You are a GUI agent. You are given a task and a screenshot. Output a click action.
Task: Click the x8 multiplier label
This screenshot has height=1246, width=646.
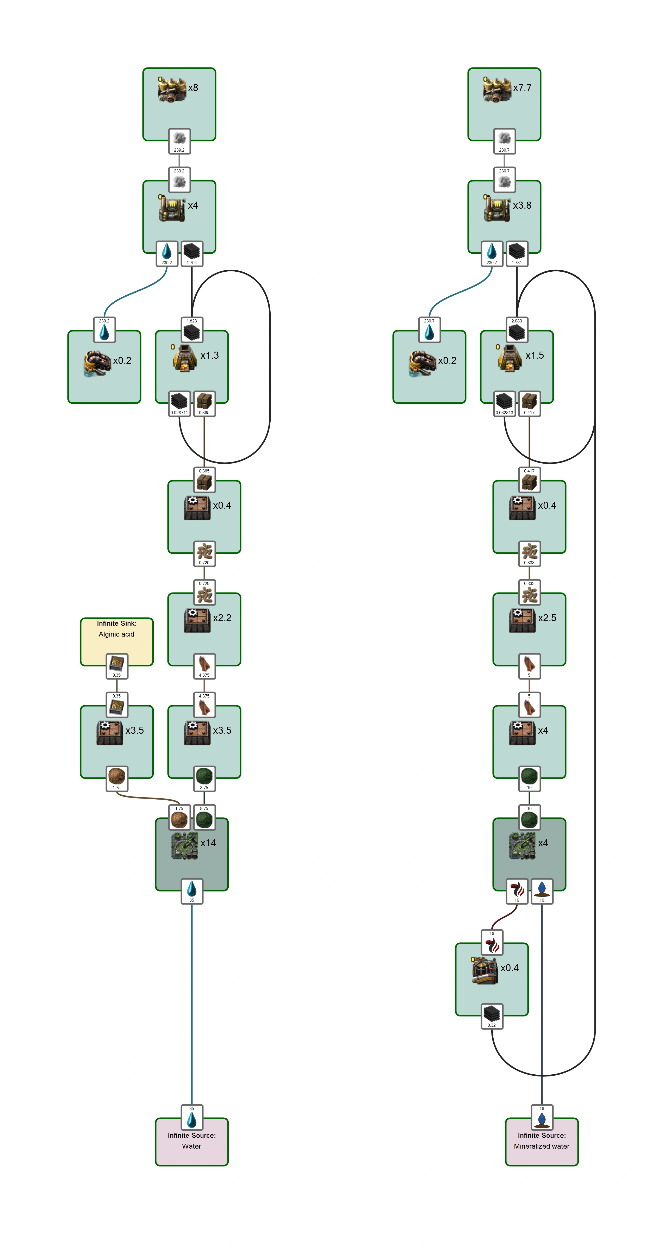coord(193,88)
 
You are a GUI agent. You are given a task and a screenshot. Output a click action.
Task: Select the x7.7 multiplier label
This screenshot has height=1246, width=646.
coord(522,88)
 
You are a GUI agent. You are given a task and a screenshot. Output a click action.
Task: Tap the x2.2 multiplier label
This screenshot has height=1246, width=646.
coord(222,618)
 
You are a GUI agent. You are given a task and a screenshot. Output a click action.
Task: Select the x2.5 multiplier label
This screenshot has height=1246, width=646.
coord(547,618)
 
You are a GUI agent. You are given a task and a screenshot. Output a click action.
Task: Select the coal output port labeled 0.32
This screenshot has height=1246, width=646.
coord(492,1016)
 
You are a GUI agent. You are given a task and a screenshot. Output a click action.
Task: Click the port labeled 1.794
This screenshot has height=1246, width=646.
coord(192,253)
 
